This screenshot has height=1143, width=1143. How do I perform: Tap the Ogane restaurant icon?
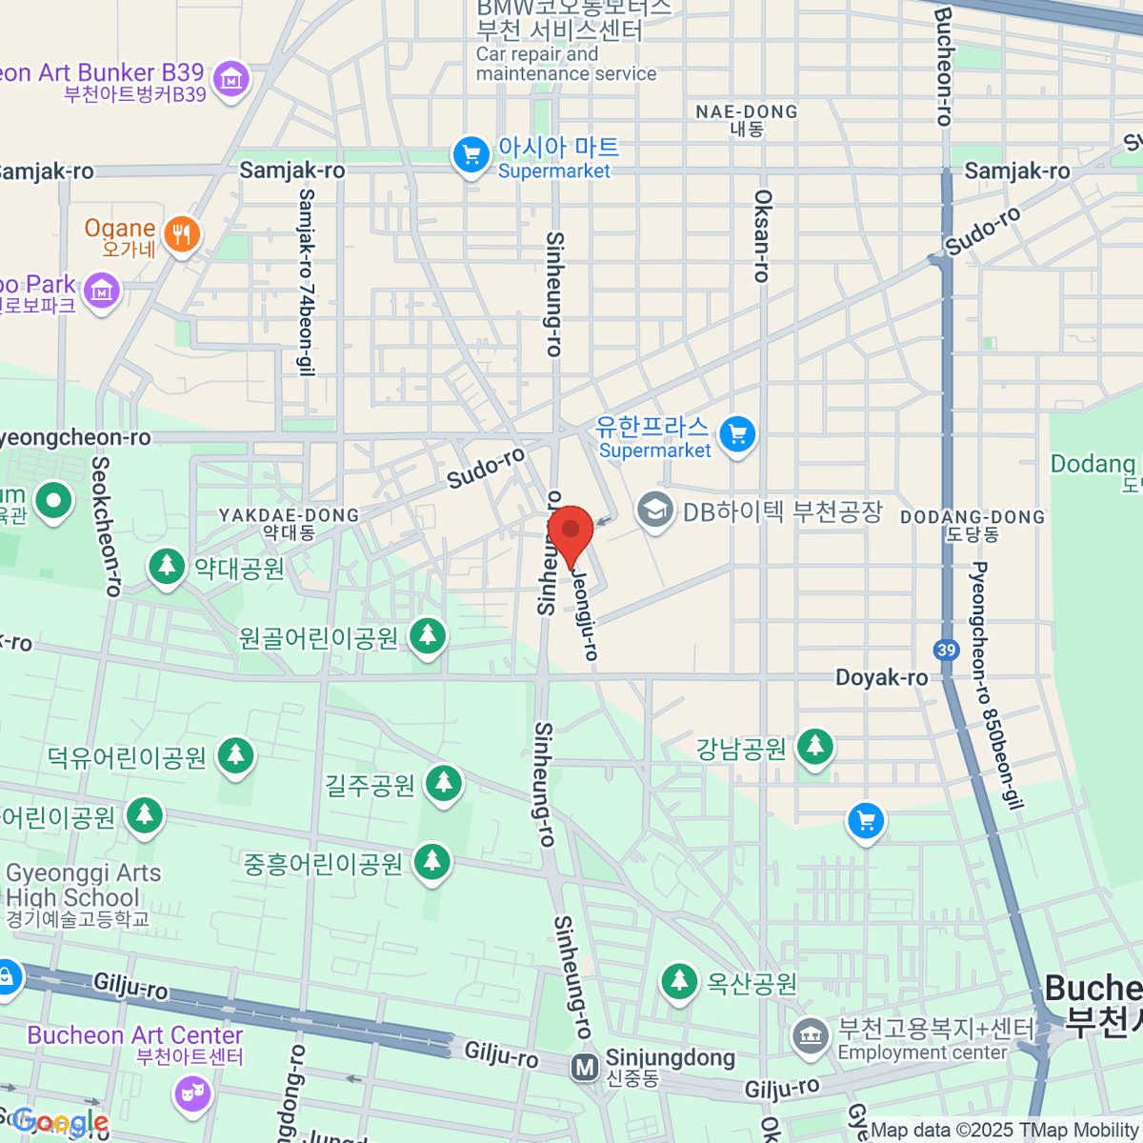click(x=181, y=233)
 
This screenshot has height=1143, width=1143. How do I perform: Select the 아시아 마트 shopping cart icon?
click(x=471, y=156)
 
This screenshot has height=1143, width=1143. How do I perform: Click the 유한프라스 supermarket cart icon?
click(x=737, y=436)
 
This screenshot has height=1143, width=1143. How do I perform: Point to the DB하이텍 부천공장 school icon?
click(x=654, y=511)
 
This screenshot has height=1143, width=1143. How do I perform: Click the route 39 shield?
click(x=946, y=651)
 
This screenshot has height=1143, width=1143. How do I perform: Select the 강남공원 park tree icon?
click(x=814, y=747)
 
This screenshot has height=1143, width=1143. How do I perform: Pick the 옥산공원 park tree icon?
click(x=679, y=981)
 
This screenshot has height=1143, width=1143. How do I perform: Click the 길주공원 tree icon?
click(x=443, y=784)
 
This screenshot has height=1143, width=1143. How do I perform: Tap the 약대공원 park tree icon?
click(x=168, y=567)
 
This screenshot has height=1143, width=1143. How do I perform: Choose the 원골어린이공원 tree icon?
click(x=428, y=635)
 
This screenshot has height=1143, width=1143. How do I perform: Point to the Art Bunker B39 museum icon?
click(x=231, y=80)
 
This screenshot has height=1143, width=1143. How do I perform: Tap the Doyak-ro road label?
click(x=881, y=677)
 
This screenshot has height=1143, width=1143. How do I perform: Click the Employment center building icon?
click(x=811, y=1037)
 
